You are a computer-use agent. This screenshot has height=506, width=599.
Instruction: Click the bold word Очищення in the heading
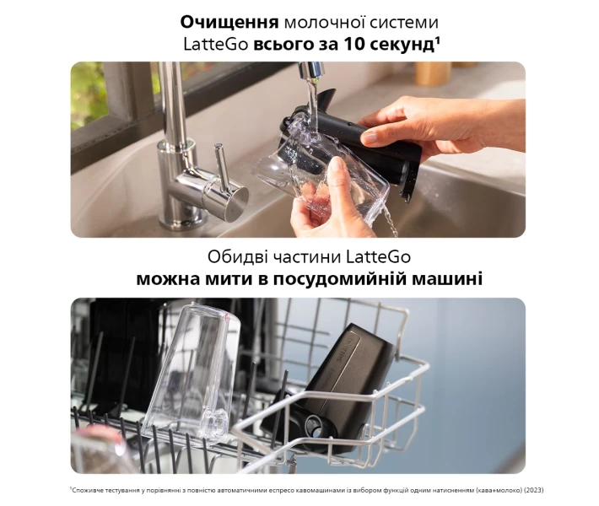[229, 22]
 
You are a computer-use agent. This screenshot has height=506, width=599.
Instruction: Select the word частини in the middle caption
[306, 257]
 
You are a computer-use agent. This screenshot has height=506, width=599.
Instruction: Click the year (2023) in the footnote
[534, 490]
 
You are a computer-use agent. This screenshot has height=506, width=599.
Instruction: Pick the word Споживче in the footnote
[86, 490]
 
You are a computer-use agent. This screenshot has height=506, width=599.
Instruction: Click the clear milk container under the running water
[321, 180]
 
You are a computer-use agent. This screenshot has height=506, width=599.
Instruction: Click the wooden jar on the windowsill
[433, 73]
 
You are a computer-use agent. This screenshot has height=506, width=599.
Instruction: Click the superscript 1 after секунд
[437, 40]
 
